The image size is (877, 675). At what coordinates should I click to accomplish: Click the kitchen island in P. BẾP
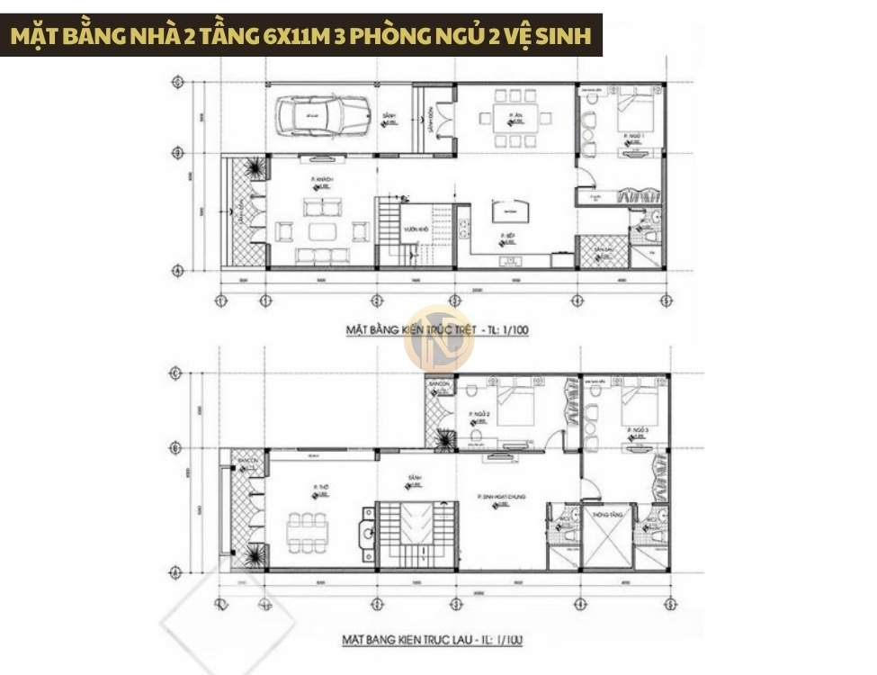click(510, 213)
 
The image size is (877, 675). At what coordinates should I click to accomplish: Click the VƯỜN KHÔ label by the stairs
click(415, 229)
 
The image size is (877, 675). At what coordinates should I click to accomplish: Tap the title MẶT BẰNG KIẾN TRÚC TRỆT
click(437, 330)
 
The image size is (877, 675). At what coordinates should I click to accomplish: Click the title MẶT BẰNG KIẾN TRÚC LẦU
click(432, 640)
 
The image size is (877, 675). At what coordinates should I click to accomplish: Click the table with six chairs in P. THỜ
click(307, 532)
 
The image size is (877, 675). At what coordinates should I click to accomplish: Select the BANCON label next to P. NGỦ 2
click(440, 384)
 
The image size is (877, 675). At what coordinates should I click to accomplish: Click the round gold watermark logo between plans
click(439, 338)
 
